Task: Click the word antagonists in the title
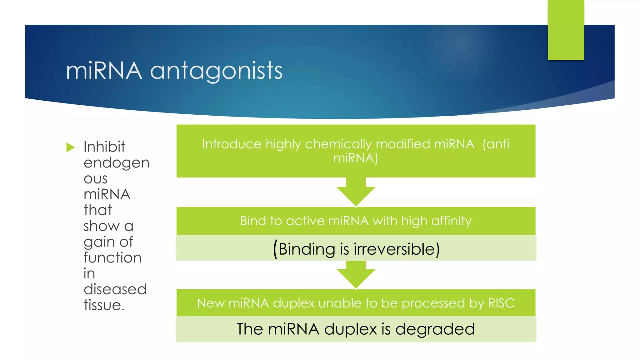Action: [x=216, y=71]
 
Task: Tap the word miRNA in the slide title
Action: [x=104, y=71]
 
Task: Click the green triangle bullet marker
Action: [x=71, y=147]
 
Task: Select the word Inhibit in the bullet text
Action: [x=104, y=147]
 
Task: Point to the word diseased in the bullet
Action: [x=115, y=289]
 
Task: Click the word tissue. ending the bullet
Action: [x=104, y=305]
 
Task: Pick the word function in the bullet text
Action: [x=112, y=258]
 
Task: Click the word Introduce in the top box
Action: [x=232, y=144]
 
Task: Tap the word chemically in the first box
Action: [x=338, y=144]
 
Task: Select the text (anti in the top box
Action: [x=496, y=144]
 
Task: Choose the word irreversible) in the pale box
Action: [x=397, y=249]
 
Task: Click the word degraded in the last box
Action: [x=435, y=329]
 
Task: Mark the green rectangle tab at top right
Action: [x=566, y=30]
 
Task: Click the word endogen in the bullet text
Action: [x=116, y=163]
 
